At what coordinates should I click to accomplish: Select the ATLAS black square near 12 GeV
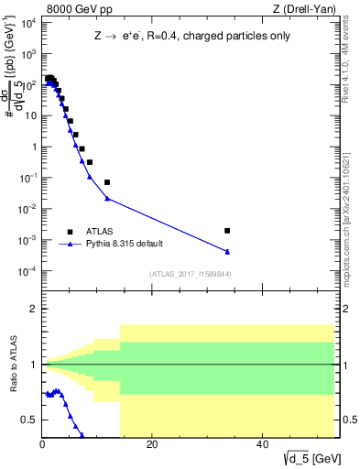[107, 182]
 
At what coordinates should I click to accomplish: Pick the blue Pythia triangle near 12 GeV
[107, 198]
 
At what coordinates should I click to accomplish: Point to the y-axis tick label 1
[33, 147]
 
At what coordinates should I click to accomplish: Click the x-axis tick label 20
[152, 446]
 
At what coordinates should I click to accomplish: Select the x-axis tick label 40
[262, 446]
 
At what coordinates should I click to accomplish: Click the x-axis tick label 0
[42, 446]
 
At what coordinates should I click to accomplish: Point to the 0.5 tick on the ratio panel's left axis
[31, 420]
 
